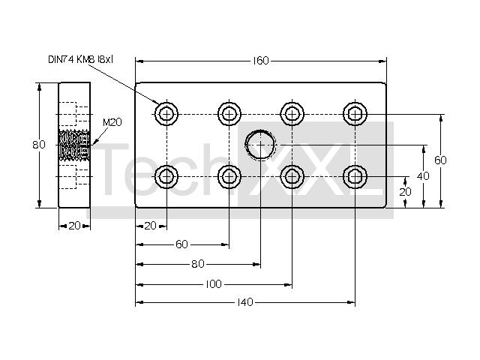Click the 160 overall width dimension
(x=261, y=61)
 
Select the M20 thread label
(x=112, y=122)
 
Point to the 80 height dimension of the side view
(x=39, y=145)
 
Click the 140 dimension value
(x=245, y=302)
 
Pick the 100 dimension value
(x=213, y=284)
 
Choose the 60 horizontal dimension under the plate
(x=181, y=244)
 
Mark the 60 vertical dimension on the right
(x=440, y=160)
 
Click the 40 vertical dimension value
(x=423, y=176)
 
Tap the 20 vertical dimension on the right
(x=405, y=192)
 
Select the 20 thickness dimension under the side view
(x=74, y=226)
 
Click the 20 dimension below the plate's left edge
(x=150, y=226)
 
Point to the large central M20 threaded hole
(x=260, y=145)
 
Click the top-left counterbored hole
(x=166, y=114)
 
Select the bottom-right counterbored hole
(x=355, y=177)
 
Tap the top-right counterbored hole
(x=355, y=114)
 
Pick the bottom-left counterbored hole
(x=166, y=177)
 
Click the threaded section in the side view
(x=74, y=145)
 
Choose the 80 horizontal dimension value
(x=198, y=264)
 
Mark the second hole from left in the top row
(x=229, y=114)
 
